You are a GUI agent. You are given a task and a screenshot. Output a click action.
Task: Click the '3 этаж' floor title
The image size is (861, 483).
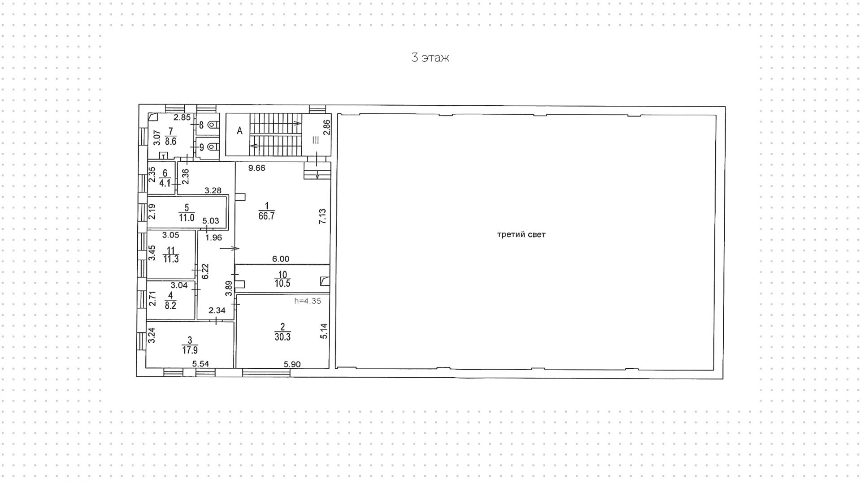[430, 58]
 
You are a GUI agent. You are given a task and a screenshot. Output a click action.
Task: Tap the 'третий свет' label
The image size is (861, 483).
[521, 234]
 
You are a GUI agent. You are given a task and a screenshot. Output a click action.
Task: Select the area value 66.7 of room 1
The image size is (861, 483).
[266, 216]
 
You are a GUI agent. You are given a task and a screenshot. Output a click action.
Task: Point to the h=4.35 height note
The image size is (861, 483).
[308, 301]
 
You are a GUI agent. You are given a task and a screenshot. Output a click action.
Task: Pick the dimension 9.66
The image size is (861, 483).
[257, 168]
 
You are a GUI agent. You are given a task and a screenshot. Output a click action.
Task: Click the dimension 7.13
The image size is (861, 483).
[322, 217]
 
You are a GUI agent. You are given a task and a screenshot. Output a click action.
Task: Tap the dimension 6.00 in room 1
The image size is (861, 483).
[281, 259]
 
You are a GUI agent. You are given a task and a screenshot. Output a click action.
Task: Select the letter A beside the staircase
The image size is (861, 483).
[239, 131]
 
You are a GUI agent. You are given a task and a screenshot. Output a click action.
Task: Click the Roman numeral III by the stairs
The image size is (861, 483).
[315, 140]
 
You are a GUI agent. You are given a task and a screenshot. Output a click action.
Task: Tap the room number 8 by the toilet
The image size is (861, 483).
[201, 125]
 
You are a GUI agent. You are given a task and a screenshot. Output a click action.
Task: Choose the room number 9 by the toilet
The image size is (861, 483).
[201, 147]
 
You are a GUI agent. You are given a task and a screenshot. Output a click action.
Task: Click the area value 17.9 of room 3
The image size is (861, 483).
[190, 350]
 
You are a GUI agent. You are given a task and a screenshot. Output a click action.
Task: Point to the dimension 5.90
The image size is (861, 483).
[292, 364]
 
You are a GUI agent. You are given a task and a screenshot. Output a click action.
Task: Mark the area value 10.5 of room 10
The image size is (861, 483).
[283, 284]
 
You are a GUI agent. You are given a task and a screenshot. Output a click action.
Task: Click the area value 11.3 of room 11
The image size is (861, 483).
[171, 259]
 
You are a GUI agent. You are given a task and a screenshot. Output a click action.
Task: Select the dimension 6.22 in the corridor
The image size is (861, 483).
[205, 271]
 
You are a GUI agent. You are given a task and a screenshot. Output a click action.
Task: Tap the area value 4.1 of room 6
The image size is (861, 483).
[165, 183]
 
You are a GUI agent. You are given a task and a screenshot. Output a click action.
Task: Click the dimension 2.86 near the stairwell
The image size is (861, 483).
[327, 127]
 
